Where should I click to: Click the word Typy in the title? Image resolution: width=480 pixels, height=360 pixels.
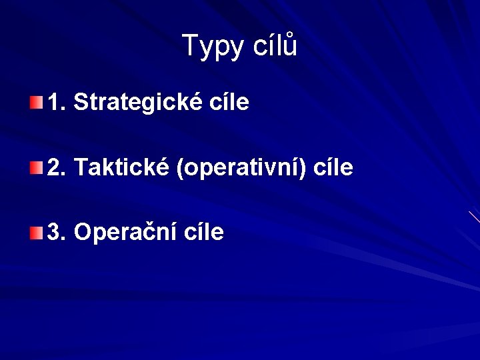click(212, 47)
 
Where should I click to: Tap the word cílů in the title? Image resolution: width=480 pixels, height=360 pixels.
click(275, 47)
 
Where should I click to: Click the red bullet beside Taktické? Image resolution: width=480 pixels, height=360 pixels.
click(36, 167)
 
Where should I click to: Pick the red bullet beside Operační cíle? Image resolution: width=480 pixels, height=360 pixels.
click(36, 233)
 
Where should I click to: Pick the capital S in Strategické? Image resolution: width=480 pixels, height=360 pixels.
click(80, 103)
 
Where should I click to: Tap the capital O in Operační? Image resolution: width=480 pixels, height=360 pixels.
click(82, 233)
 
